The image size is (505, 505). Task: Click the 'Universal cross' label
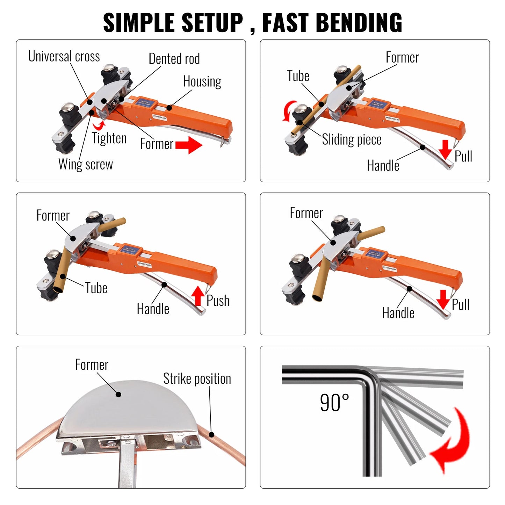coord(64,56)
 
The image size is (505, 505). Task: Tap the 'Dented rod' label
coord(174,59)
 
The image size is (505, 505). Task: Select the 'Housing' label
coord(202,82)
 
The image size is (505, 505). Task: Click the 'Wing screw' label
coord(86,164)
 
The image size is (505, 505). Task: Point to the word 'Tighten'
coord(109,138)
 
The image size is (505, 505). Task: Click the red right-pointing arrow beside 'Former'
coord(189,145)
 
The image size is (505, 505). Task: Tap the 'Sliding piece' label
coord(352,139)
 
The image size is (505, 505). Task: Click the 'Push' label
coord(218,301)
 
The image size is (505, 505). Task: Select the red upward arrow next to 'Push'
coord(198,296)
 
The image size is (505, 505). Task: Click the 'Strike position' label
coord(197,379)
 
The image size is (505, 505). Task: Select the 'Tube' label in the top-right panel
coord(298,76)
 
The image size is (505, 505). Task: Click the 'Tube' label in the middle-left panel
coord(96,288)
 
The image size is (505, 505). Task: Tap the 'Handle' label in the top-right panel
coord(383,166)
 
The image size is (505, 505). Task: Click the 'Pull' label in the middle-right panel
coord(460,304)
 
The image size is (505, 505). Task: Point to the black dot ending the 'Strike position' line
coord(211,435)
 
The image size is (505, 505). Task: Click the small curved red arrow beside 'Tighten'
coord(99,124)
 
